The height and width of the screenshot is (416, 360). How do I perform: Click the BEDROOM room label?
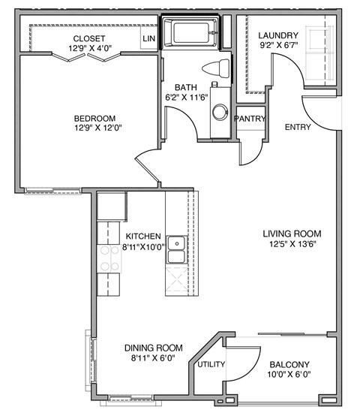94,118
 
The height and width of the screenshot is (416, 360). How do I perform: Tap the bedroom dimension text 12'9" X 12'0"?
94,128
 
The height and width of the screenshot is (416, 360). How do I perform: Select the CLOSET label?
89,38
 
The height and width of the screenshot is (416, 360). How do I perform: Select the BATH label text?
186,87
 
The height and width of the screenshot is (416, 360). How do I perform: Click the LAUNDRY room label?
277,35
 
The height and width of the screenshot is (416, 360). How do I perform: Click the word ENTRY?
298,127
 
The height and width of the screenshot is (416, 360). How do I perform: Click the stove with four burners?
109,258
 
